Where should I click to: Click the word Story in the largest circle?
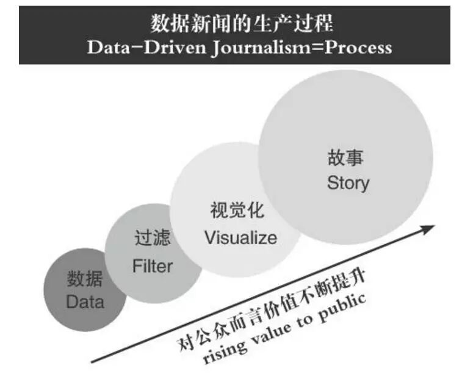348,182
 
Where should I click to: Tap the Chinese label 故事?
345,157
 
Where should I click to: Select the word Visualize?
240,237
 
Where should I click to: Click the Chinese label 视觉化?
237,211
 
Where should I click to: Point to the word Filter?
153,266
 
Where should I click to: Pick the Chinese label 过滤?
152,239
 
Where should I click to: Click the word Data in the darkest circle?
85,301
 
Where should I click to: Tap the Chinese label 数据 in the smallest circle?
85,279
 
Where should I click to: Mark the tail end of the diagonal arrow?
93,361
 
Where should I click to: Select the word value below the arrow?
273,333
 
